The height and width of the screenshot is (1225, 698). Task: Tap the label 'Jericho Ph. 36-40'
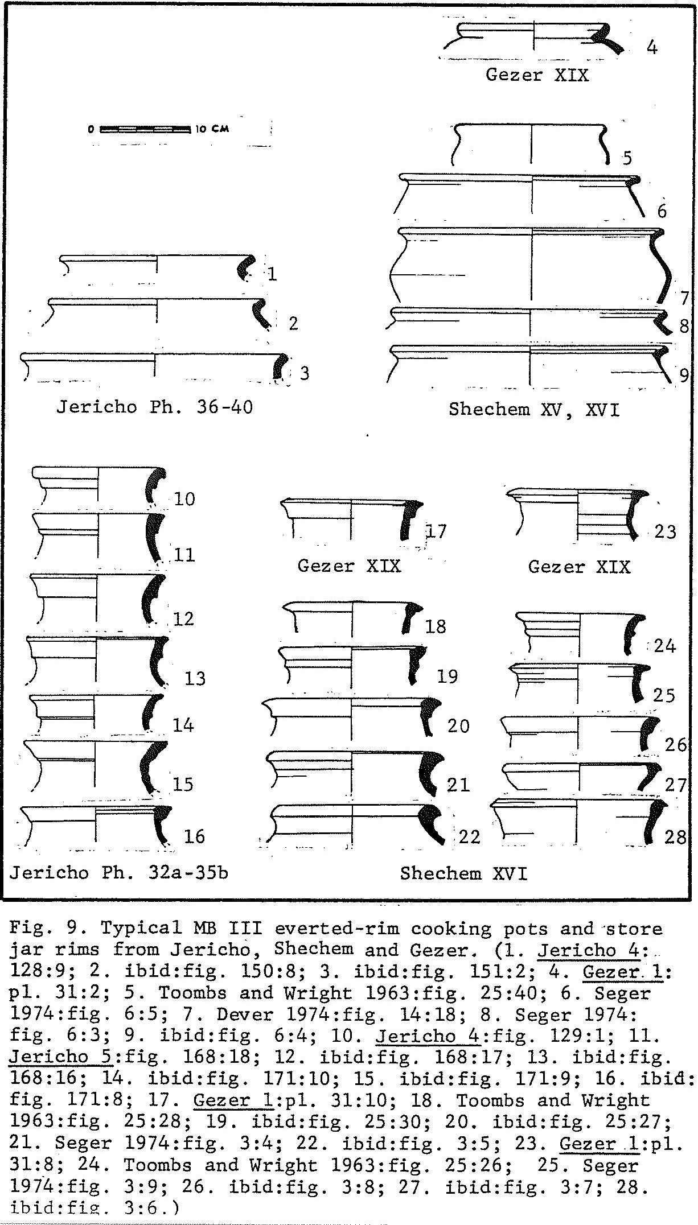tap(154, 407)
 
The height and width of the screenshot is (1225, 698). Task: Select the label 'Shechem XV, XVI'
tap(533, 409)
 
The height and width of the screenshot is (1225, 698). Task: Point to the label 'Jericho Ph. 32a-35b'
tap(118, 872)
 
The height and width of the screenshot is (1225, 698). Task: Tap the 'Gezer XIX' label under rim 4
tap(537, 75)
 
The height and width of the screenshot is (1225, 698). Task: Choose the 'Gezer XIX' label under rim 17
tap(349, 566)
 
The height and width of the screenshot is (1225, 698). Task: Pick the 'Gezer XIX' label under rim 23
tap(579, 567)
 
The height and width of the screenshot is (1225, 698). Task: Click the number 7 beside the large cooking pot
tap(684, 298)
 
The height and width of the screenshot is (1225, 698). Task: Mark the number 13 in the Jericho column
tap(195, 678)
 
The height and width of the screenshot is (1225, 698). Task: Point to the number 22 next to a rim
tap(469, 836)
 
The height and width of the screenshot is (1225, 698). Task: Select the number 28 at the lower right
tap(675, 837)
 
